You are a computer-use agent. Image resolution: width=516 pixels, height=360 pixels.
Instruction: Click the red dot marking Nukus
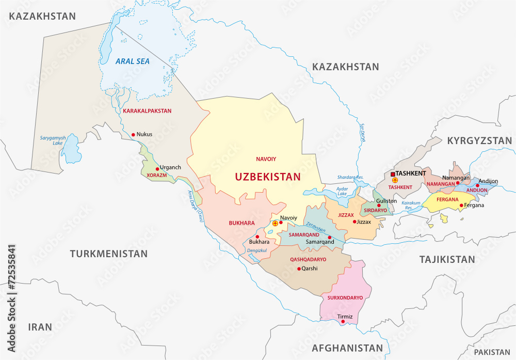(x=133, y=135)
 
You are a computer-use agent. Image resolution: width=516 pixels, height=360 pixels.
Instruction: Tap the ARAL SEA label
(x=132, y=61)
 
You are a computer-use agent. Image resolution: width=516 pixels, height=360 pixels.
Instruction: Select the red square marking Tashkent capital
(x=393, y=174)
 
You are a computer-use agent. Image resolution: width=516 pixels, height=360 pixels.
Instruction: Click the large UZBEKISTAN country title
(x=267, y=177)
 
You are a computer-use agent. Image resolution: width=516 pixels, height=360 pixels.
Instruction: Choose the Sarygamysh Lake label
(x=54, y=141)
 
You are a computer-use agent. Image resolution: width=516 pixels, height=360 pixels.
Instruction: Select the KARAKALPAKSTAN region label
(x=147, y=111)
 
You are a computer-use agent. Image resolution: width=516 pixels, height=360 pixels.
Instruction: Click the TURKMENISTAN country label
(x=109, y=254)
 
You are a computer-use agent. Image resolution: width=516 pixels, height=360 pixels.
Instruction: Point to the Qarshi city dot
(x=299, y=269)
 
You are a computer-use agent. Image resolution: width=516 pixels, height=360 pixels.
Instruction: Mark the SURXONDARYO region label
(x=342, y=298)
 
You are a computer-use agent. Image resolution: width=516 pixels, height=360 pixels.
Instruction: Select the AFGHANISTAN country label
(x=347, y=348)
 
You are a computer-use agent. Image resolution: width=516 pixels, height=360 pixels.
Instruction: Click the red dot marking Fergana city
(x=461, y=205)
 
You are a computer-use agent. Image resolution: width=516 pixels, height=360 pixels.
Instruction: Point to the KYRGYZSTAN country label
(x=479, y=140)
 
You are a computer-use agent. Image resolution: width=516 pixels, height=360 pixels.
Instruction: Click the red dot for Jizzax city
(x=354, y=222)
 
